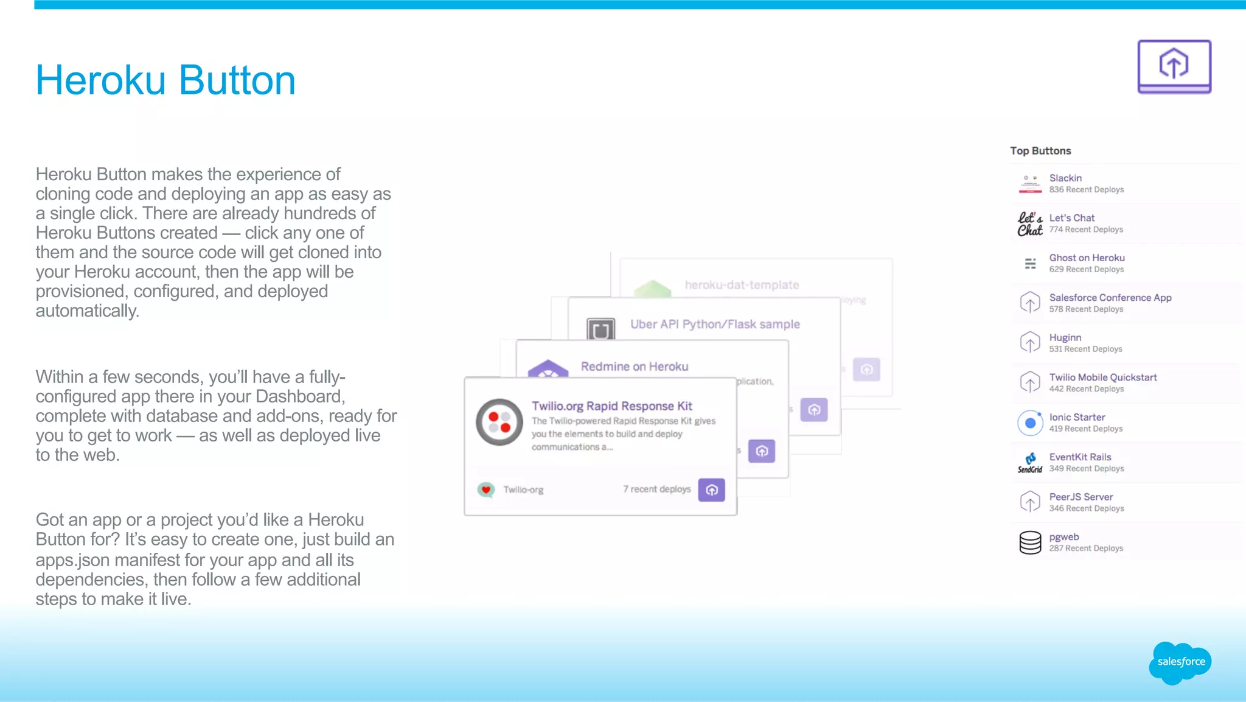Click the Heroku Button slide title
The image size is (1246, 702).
[165, 80]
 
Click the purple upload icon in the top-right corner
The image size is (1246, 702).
[1174, 66]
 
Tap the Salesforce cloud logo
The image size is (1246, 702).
[1180, 662]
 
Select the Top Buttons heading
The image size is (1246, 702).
[1040, 151]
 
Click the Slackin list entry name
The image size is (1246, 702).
[1065, 178]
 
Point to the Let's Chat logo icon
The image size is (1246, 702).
[1029, 224]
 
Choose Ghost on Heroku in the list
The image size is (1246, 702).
[1087, 258]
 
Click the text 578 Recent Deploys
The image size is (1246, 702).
[1086, 309]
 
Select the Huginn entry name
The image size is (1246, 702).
[1065, 338]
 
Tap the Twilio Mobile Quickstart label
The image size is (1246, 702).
[1102, 377]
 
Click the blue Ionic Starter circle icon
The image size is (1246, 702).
[1030, 423]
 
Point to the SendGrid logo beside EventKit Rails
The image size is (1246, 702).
[1030, 463]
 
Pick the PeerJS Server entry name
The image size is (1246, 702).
[1081, 497]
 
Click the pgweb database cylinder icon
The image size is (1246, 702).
[1030, 542]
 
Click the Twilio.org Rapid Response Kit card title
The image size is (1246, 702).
[611, 406]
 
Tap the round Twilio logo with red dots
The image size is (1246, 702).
[499, 422]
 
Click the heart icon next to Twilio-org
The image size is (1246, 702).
[486, 490]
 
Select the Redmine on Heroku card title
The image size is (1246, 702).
[634, 367]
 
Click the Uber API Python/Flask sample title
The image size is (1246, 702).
[715, 325]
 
